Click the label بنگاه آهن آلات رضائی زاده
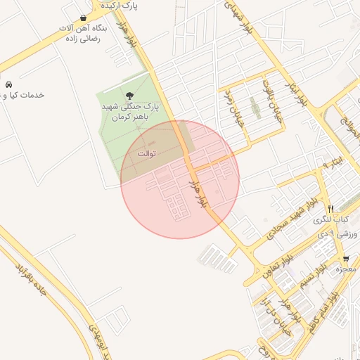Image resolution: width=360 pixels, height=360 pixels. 83,34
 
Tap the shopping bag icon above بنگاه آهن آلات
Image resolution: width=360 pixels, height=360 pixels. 84,18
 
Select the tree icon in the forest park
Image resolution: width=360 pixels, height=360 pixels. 128,95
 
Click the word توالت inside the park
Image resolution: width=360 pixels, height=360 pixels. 146,153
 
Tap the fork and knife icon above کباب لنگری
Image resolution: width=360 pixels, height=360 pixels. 330,209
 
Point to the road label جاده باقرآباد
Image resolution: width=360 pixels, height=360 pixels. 31,277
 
